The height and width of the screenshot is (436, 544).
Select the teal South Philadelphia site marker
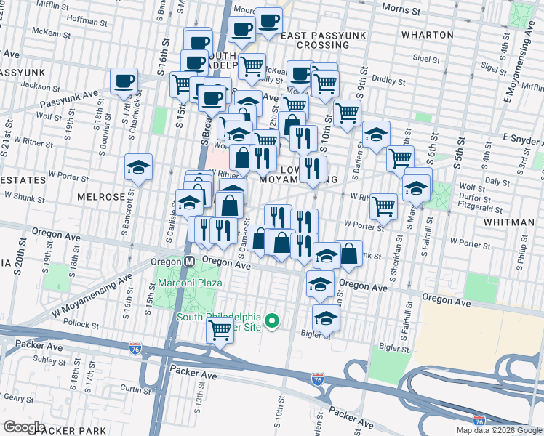point(273,320)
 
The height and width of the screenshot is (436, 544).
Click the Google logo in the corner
point(25,427)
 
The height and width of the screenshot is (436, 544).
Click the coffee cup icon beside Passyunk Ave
point(124,81)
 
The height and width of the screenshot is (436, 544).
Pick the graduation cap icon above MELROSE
point(138,167)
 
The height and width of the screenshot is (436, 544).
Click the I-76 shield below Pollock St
point(135,350)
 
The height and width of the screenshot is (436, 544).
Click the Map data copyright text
point(498,430)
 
